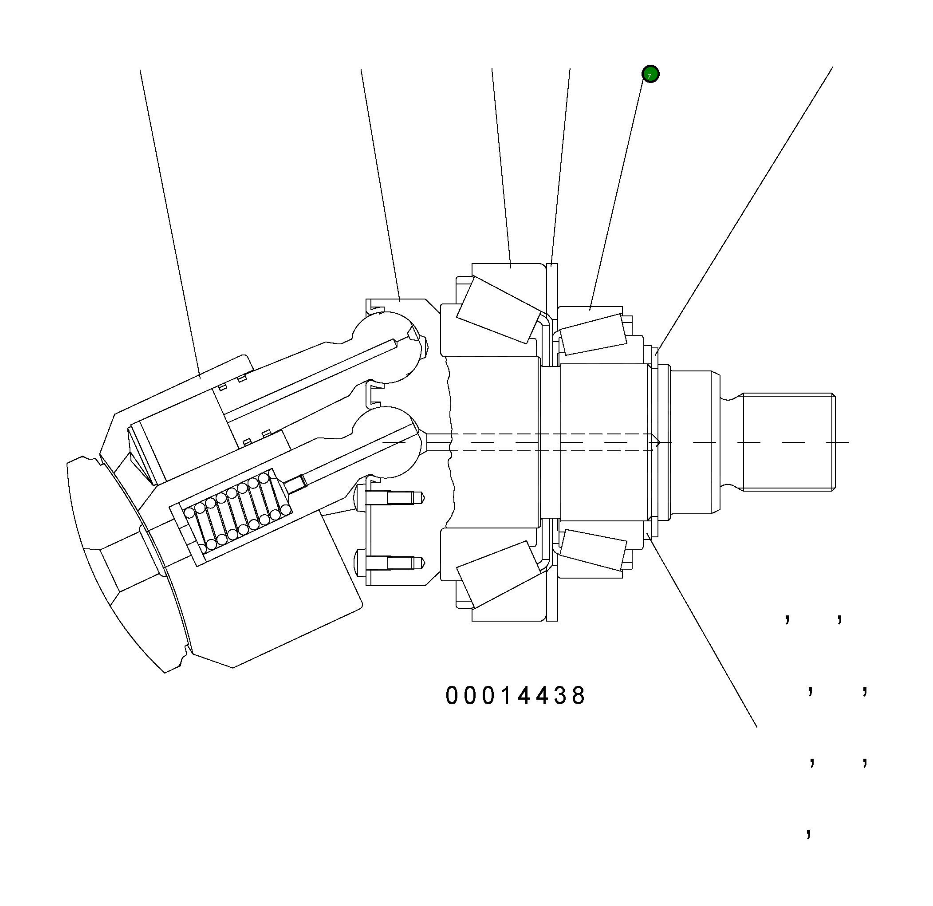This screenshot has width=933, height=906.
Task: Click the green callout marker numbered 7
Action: coord(650,74)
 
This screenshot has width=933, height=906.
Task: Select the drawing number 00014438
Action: coord(515,696)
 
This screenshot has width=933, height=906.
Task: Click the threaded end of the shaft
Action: coord(788,442)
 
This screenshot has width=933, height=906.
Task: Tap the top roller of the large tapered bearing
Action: coord(499,309)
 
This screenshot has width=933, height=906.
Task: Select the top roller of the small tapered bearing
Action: coord(593,334)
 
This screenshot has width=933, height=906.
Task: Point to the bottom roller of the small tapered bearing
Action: coord(593,549)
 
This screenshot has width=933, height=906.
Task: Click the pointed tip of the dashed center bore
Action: coord(657,442)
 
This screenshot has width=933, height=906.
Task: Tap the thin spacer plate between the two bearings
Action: coord(552,291)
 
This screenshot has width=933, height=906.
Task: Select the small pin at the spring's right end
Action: coord(296,484)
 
